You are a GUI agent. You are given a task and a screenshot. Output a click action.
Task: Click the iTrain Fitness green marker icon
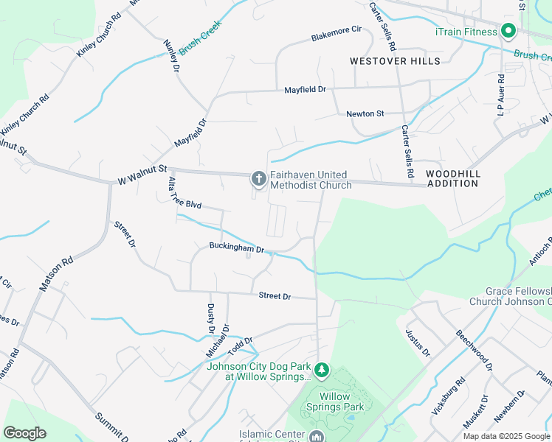coord(508,31)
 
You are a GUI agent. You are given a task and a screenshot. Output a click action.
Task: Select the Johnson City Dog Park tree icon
coord(321,368)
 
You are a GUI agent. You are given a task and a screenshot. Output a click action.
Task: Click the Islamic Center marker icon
coord(316,436)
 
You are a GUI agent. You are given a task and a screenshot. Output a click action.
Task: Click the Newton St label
coord(365,113)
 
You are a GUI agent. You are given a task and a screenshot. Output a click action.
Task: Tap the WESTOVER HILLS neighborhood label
coord(395,61)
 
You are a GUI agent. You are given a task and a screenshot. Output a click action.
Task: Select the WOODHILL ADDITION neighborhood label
coord(452,178)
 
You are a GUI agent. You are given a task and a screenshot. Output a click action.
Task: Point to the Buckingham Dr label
coord(236,248)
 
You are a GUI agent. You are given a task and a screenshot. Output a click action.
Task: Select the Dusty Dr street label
coord(210,319)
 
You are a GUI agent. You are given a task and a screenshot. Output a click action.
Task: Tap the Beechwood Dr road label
coord(474,345)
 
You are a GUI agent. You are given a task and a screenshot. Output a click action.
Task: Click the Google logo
coord(25,433)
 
